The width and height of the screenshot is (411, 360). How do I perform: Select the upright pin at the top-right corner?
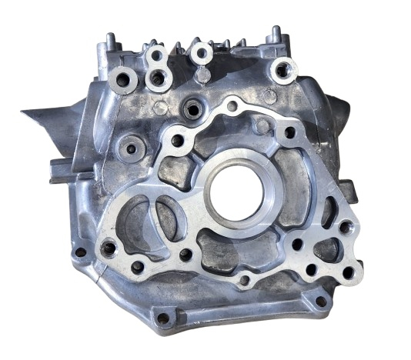pyautogui.click(x=275, y=34)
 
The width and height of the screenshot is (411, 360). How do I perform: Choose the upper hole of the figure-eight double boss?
pyautogui.click(x=158, y=56)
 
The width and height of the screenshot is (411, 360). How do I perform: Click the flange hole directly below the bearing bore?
pyautogui.click(x=243, y=279)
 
